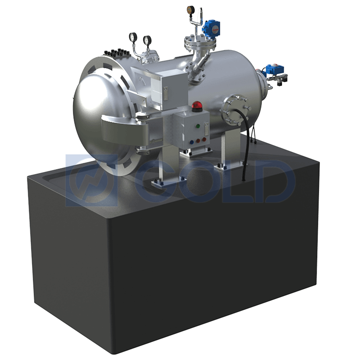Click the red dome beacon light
(197, 106)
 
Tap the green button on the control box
(198, 126)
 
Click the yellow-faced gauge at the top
(191, 10)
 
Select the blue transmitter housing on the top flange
(211, 27)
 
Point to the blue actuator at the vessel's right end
(274, 69)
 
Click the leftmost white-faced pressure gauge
(133, 37)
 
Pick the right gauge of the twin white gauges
(147, 40)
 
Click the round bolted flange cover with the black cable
(234, 109)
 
